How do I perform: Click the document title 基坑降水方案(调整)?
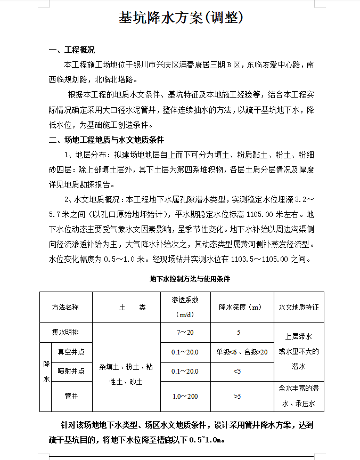pos(180,18)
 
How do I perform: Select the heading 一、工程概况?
pos(72,51)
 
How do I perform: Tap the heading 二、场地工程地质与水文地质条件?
pos(107,140)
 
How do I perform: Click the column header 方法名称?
pos(66,308)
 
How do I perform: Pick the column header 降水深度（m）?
pos(241,308)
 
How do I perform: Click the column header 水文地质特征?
pos(298,308)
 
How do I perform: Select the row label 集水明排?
pos(66,332)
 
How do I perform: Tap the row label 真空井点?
pos(71,352)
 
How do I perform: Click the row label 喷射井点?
pos(71,371)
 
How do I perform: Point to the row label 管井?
pos(71,396)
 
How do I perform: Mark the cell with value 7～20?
pos(185,332)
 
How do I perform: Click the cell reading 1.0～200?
pos(185,396)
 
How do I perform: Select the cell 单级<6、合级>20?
pos(242,352)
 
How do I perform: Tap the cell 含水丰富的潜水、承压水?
pos(298,396)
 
